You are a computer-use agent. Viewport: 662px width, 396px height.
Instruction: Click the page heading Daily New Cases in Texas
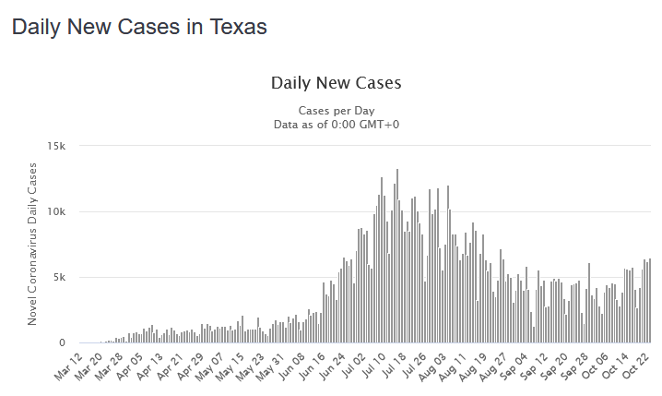139,28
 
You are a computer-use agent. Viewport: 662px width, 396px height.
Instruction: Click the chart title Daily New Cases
337,83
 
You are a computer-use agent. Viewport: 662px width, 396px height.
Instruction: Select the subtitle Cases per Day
337,110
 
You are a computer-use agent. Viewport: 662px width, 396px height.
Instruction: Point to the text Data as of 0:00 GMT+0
337,125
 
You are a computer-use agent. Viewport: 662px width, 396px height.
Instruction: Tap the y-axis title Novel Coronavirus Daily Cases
32,244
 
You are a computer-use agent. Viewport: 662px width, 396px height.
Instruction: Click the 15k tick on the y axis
56,146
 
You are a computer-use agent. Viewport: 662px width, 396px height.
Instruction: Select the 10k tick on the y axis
56,212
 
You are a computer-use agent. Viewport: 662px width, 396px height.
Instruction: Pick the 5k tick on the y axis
60,278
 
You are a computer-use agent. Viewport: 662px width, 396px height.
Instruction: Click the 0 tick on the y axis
63,343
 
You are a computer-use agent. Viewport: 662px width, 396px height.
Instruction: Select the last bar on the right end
650,301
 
